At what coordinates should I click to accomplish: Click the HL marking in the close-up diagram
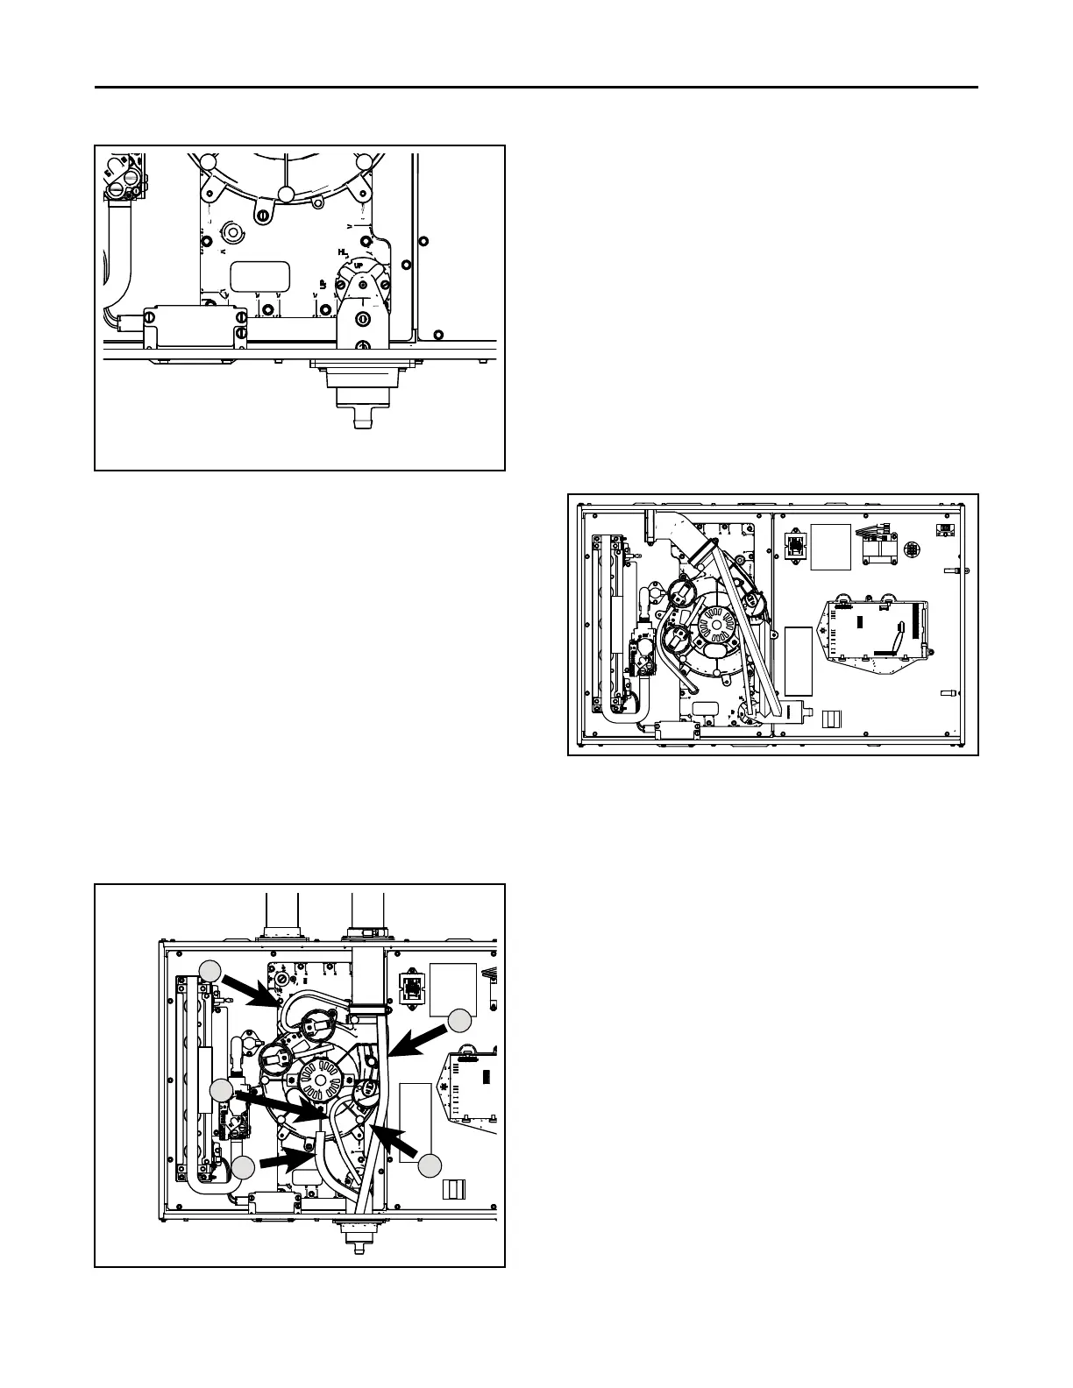[x=343, y=251]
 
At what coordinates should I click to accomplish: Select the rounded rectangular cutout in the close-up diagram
[x=259, y=275]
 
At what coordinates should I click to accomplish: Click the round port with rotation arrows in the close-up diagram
[x=234, y=232]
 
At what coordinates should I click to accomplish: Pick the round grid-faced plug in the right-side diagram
[x=913, y=549]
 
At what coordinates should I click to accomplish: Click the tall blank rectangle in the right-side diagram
[x=799, y=661]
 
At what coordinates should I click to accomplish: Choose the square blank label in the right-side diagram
[x=831, y=546]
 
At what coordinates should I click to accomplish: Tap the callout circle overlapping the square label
[x=459, y=1020]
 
